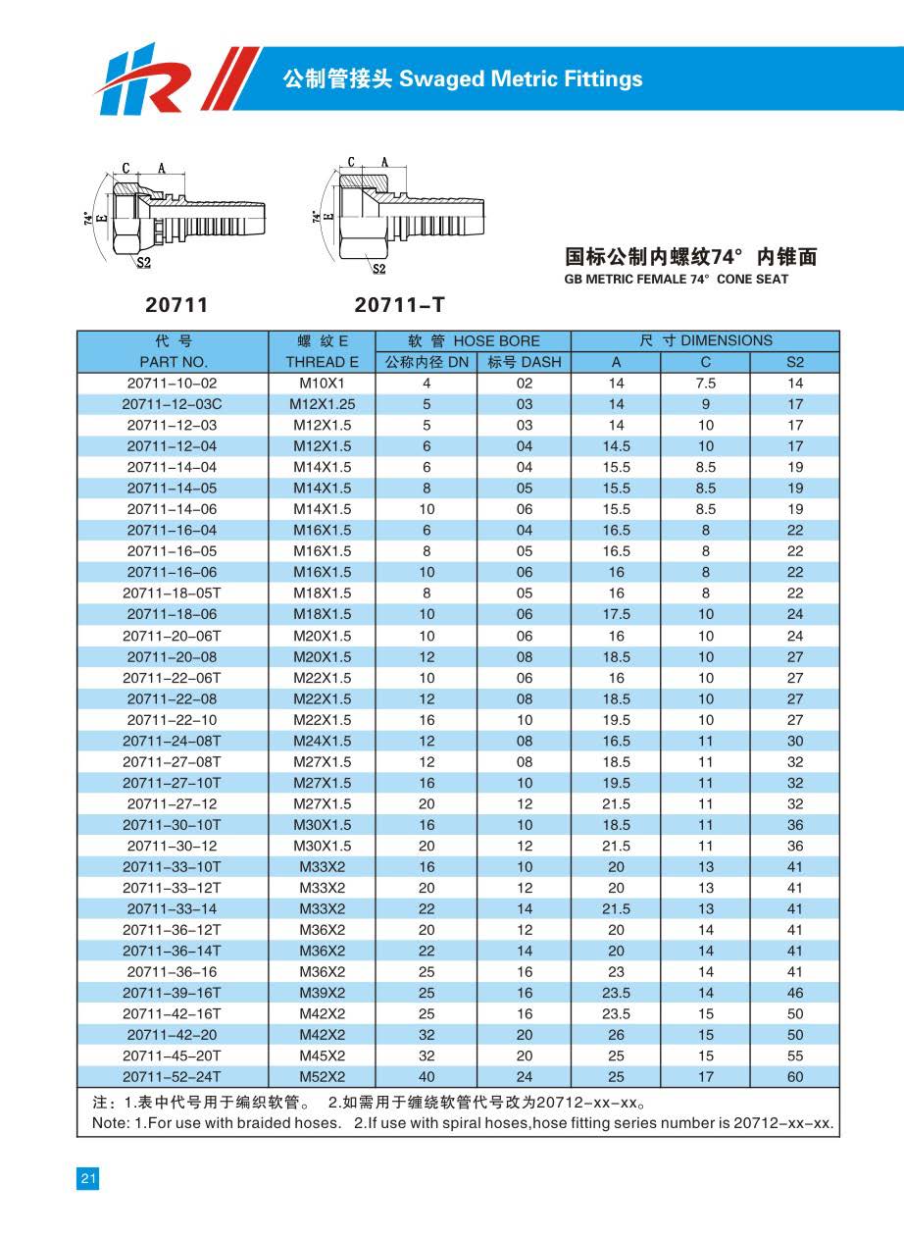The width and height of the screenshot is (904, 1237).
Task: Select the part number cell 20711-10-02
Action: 173,384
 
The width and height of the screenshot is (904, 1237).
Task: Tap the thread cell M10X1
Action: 323,384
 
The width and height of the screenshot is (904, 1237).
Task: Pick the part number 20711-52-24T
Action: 173,1077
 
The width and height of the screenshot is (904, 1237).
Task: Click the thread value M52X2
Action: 323,1077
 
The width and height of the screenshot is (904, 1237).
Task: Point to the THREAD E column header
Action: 323,362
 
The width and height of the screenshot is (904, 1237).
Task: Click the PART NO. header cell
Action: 173,362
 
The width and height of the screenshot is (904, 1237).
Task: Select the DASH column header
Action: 525,362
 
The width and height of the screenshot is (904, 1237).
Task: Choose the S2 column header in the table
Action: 794,362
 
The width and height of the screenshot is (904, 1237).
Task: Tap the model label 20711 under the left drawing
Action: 176,306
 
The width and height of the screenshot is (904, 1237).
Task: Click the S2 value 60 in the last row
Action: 794,1077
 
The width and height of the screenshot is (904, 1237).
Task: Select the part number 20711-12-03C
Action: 173,404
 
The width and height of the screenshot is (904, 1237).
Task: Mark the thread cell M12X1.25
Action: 323,404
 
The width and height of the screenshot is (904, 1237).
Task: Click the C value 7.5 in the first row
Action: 705,384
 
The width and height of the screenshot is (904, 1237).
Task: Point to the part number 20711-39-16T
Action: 173,993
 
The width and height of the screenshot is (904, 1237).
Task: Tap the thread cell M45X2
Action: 323,1056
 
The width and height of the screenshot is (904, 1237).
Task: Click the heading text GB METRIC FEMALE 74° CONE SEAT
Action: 677,280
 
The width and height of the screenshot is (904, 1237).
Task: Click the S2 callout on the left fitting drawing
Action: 143,262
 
